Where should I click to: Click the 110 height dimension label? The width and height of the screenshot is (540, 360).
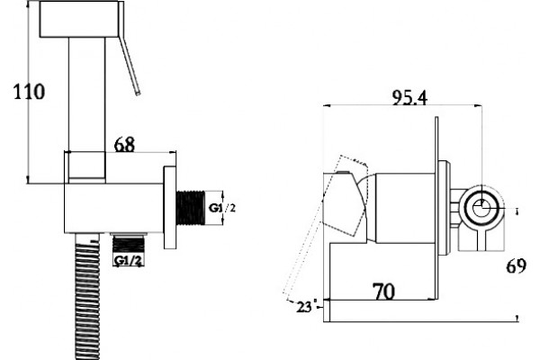(29, 92)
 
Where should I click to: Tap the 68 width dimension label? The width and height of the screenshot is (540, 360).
(124, 145)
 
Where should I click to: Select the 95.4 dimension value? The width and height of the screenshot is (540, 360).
(409, 97)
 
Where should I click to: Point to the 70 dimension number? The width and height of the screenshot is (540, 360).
(384, 292)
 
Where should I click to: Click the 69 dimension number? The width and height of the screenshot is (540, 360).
(516, 266)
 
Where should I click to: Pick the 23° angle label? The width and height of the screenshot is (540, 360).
(304, 307)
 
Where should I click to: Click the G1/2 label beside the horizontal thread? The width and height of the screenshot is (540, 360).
(223, 208)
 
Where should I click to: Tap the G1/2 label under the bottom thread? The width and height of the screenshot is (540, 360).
(128, 261)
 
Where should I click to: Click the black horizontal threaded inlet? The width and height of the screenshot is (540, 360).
(191, 208)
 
